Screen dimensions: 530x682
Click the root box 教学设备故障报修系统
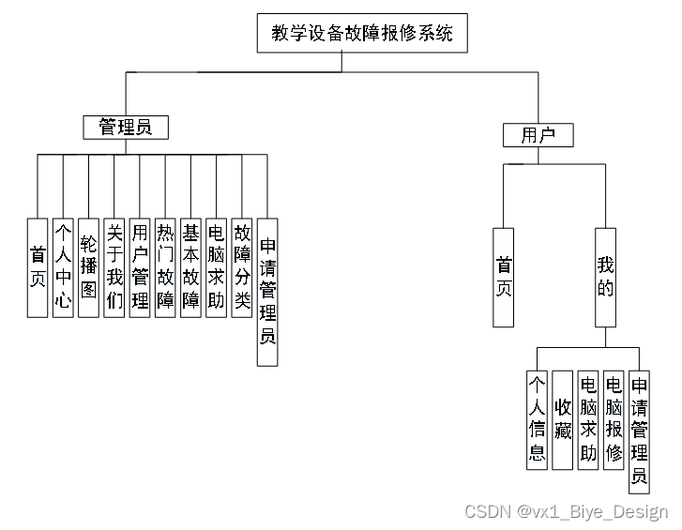pyautogui.click(x=361, y=34)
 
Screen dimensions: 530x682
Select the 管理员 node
pyautogui.click(x=125, y=127)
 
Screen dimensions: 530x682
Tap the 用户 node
pyautogui.click(x=538, y=135)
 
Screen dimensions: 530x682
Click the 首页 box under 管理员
pyautogui.click(x=38, y=267)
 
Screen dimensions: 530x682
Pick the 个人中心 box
pyautogui.click(x=63, y=267)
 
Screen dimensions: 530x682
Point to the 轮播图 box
pyautogui.click(x=88, y=267)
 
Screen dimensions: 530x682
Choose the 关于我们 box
pyautogui.click(x=114, y=267)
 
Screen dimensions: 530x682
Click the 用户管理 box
pyautogui.click(x=140, y=267)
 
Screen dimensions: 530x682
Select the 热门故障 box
pyautogui.click(x=165, y=267)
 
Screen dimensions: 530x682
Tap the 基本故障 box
pyautogui.click(x=190, y=267)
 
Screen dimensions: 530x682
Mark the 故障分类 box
pyautogui.click(x=242, y=267)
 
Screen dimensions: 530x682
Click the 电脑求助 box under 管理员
pyautogui.click(x=217, y=267)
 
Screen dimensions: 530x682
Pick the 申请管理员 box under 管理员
pyautogui.click(x=267, y=292)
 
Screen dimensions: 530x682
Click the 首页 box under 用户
pyautogui.click(x=504, y=277)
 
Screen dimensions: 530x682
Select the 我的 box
pyautogui.click(x=606, y=277)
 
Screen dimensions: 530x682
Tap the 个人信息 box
pyautogui.click(x=538, y=419)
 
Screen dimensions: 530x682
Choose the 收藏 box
pyautogui.click(x=563, y=419)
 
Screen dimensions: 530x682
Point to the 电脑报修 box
pyautogui.click(x=614, y=419)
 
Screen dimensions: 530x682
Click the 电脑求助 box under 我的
pyautogui.click(x=588, y=419)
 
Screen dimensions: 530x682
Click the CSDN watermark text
pyautogui.click(x=567, y=511)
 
